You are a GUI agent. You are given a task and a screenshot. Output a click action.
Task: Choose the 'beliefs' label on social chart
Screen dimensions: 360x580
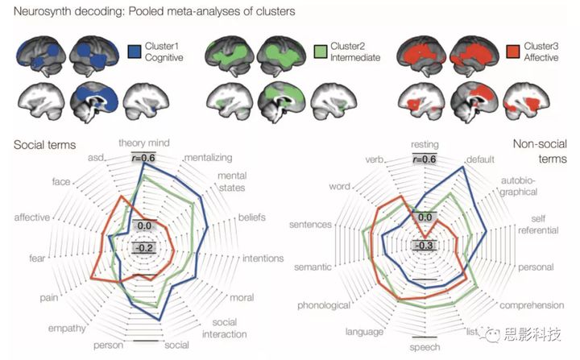255,217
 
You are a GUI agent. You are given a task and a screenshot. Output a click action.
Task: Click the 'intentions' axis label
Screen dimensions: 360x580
263,259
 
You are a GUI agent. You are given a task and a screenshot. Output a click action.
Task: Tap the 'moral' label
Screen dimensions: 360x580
242,297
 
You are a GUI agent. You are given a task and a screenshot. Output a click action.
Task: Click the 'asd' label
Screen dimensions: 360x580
96,157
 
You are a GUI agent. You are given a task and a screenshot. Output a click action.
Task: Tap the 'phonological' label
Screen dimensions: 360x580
323,305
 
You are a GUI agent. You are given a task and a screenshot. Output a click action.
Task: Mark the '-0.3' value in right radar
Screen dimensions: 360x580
424,245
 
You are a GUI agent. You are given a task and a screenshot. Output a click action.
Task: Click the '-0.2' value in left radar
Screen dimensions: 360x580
145,247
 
